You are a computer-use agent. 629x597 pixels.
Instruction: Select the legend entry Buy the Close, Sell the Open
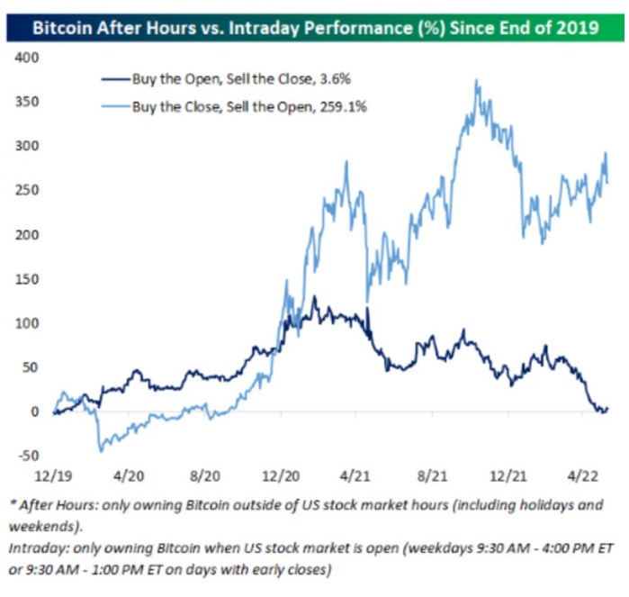(x=216, y=106)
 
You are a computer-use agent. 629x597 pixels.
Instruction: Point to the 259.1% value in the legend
(x=341, y=106)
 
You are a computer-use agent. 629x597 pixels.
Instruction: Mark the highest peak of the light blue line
(x=475, y=80)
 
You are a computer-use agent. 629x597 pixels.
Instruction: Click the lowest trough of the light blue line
(x=100, y=450)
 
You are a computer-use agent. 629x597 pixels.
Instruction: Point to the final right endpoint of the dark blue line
(x=607, y=409)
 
